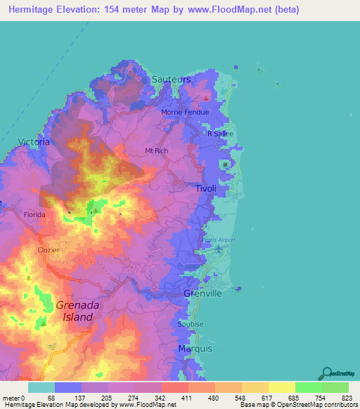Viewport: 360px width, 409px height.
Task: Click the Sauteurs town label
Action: [x=171, y=80]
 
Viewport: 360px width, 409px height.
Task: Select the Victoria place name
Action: [x=34, y=142]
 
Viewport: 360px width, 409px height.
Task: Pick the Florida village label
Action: [x=34, y=214]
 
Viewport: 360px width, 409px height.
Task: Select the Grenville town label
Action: [x=202, y=292]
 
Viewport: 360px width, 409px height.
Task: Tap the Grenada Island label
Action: [x=74, y=311]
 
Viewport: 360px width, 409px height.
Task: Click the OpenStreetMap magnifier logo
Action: [x=327, y=372]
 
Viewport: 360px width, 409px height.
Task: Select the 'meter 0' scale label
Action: [x=13, y=397]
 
